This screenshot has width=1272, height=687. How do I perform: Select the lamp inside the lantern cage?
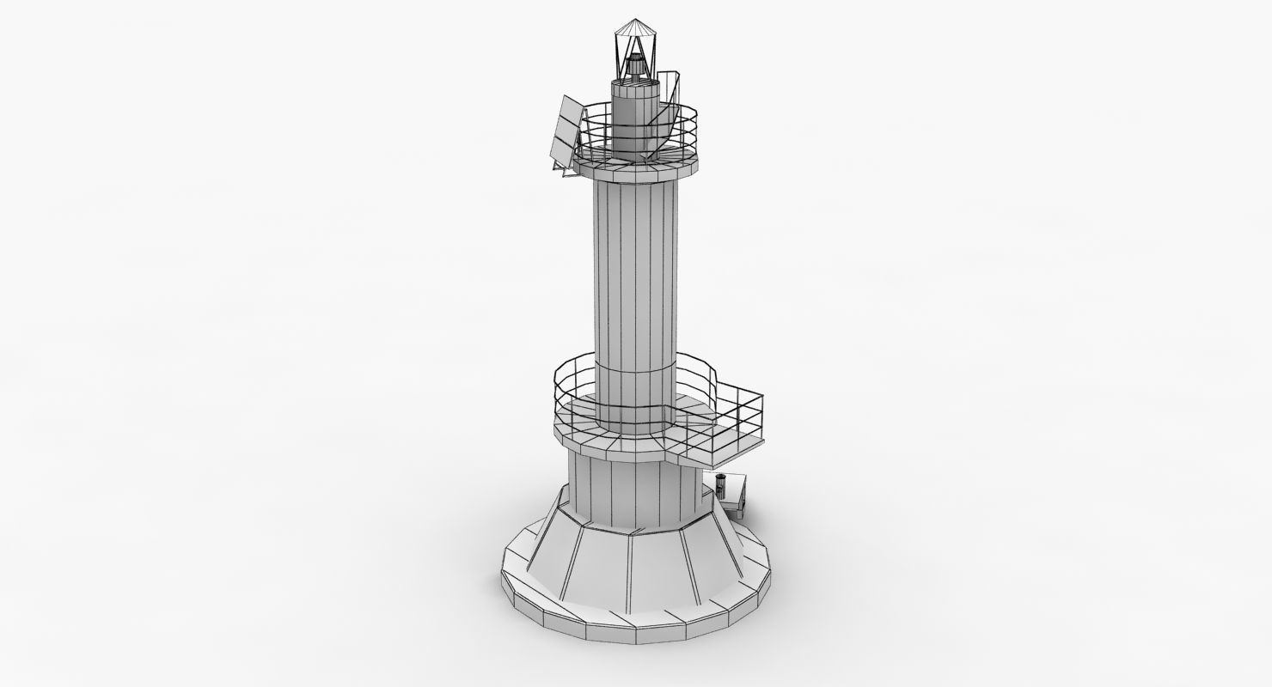pyautogui.click(x=636, y=65)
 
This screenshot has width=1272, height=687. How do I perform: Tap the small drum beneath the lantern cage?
pyautogui.click(x=634, y=112)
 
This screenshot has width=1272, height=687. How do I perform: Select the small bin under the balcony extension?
pyautogui.click(x=721, y=486)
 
